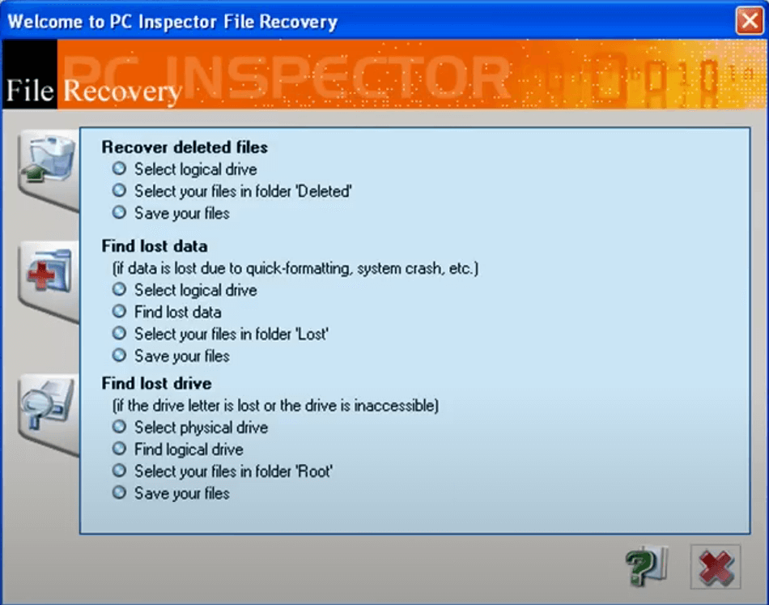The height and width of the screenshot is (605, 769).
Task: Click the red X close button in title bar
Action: tap(750, 20)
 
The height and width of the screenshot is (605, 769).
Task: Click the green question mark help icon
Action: tap(645, 567)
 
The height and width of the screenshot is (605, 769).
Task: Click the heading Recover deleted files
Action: tap(185, 147)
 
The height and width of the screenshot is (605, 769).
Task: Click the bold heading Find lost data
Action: tap(155, 246)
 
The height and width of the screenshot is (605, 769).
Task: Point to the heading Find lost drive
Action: tap(156, 383)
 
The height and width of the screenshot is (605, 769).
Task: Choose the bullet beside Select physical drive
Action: tap(119, 426)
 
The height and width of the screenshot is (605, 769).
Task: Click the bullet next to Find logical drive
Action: tap(119, 448)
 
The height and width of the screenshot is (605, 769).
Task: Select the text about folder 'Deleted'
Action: tap(244, 191)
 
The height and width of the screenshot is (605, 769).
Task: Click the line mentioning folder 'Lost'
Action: tap(232, 334)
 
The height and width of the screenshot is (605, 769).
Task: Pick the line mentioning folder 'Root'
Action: tap(233, 471)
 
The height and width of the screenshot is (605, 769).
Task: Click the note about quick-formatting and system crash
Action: tap(295, 268)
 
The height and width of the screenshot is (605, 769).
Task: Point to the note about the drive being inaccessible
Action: tap(275, 406)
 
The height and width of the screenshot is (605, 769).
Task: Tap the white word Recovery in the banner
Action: tap(122, 92)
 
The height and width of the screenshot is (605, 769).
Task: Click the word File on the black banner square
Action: tap(30, 90)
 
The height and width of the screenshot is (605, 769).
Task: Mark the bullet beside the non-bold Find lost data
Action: tap(119, 311)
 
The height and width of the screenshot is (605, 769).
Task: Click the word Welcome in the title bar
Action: tap(45, 22)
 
